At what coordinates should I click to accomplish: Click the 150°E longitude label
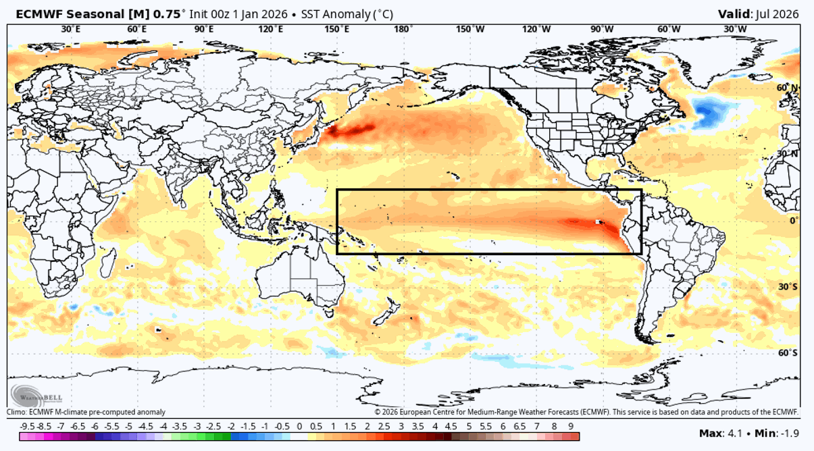pos(337,29)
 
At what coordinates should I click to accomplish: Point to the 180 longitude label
pos(403,29)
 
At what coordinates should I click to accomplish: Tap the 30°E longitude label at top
pos(71,29)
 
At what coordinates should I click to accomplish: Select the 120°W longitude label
pos(536,29)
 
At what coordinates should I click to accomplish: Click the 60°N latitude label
pos(786,88)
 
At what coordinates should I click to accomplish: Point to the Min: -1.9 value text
pos(777,432)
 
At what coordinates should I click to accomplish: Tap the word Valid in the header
pos(734,14)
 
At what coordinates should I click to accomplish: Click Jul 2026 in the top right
pos(777,14)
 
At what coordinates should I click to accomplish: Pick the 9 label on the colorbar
pos(571,426)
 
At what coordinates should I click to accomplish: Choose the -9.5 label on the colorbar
pos(28,426)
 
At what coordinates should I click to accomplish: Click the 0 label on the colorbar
pos(300,426)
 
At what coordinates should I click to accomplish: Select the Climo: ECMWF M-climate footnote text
pos(86,412)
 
